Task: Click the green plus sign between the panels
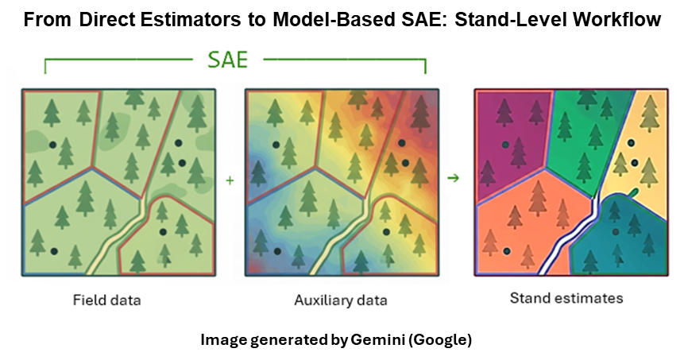pos(230,180)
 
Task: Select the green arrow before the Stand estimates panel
pos(454,178)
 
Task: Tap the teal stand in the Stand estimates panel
pos(628,238)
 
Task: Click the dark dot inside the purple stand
pos(504,145)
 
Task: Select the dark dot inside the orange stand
pos(505,252)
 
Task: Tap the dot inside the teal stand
pos(616,232)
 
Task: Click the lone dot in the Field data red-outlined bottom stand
pos(163,232)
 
